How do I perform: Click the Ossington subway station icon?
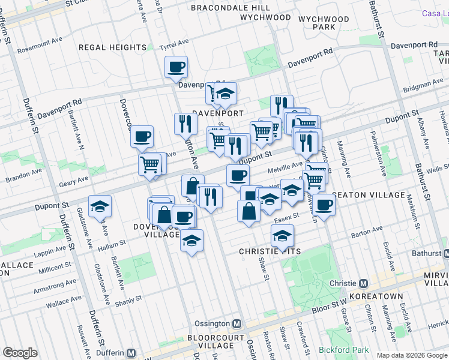coord(237,323)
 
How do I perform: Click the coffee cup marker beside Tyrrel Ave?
coord(176,67)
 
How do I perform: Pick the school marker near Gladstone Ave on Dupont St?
coord(100,207)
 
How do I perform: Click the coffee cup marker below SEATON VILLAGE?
coord(324,205)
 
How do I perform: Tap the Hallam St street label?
coord(111,243)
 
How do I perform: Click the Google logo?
coord(20,353)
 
